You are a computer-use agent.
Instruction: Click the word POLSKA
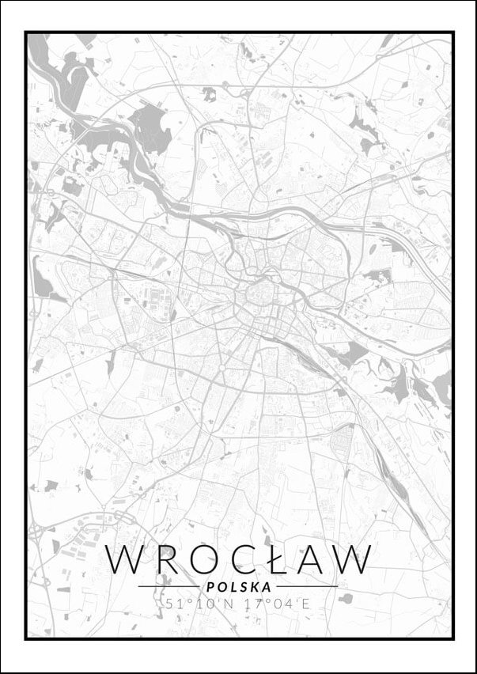[238, 587]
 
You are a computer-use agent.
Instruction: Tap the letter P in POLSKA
[208, 587]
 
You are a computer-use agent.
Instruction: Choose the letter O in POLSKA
[220, 587]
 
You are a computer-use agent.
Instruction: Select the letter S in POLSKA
[242, 587]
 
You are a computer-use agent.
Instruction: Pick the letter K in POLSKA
[254, 587]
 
